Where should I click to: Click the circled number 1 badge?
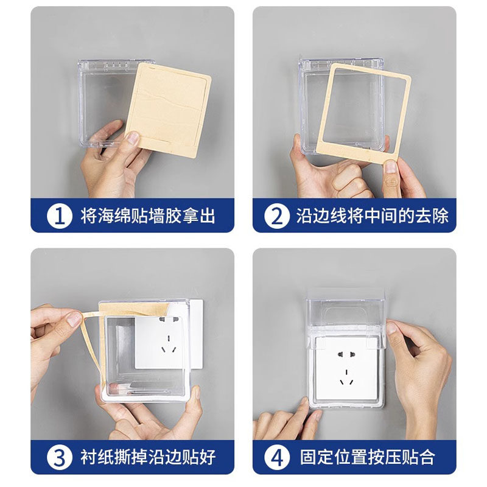tap(59, 216)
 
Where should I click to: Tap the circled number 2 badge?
tap(277, 216)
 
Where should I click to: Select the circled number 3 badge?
tap(59, 458)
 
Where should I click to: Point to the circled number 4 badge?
tap(277, 458)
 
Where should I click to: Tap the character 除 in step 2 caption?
tap(440, 216)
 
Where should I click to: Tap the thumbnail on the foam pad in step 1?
tap(133, 138)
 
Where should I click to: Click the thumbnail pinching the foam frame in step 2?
tap(390, 167)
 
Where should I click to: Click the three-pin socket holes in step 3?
tap(169, 345)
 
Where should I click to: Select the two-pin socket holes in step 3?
tap(169, 319)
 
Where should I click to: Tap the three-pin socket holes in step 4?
tap(346, 377)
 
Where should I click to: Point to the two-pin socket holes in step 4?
tap(346, 354)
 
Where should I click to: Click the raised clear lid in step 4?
tap(346, 314)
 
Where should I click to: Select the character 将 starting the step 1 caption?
tap(89, 216)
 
